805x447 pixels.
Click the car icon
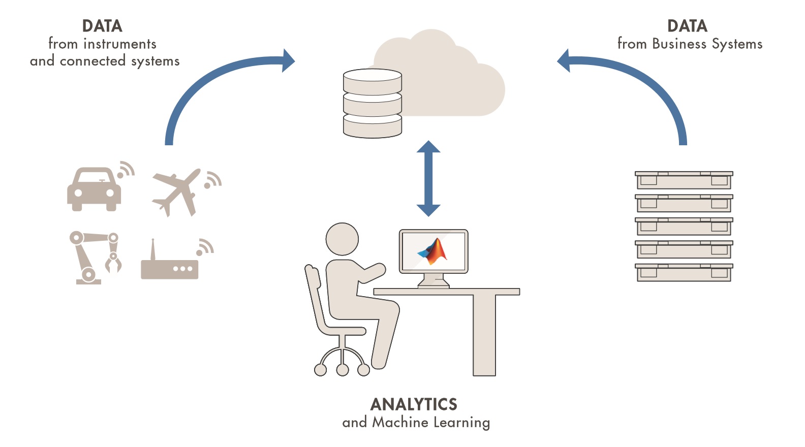pyautogui.click(x=94, y=189)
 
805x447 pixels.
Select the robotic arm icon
pyautogui.click(x=94, y=257)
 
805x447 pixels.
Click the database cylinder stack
pyautogui.click(x=372, y=104)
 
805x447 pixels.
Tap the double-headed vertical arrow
pyautogui.click(x=428, y=178)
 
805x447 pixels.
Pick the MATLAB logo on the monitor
pyautogui.click(x=434, y=251)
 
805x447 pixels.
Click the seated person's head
pyautogui.click(x=342, y=239)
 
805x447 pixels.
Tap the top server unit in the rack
pyautogui.click(x=684, y=180)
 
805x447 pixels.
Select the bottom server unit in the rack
pyautogui.click(x=684, y=272)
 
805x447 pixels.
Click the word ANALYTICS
pyautogui.click(x=414, y=404)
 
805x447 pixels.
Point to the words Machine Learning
pyautogui.click(x=431, y=422)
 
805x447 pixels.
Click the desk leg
pyautogui.click(x=484, y=335)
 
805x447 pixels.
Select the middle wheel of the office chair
pyautogui.click(x=343, y=370)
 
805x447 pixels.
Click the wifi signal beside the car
pyautogui.click(x=126, y=170)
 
